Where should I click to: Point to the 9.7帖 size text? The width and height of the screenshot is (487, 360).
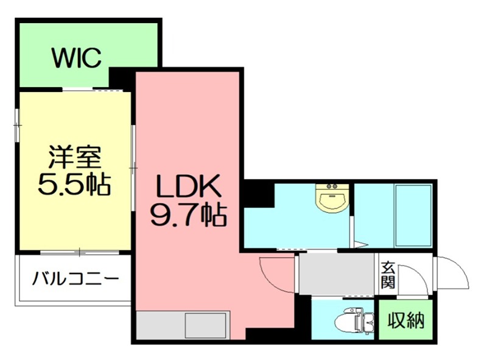coord(188,213)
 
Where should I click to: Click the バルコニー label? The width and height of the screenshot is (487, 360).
coord(75,280)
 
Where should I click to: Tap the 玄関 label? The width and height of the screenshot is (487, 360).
coord(388,275)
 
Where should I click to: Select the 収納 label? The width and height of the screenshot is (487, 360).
coord(406,320)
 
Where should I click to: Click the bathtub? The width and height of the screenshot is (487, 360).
coord(413,214)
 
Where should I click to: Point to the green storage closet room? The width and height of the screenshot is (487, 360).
coord(406,320)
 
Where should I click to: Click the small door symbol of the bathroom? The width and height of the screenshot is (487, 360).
coord(359,245)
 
